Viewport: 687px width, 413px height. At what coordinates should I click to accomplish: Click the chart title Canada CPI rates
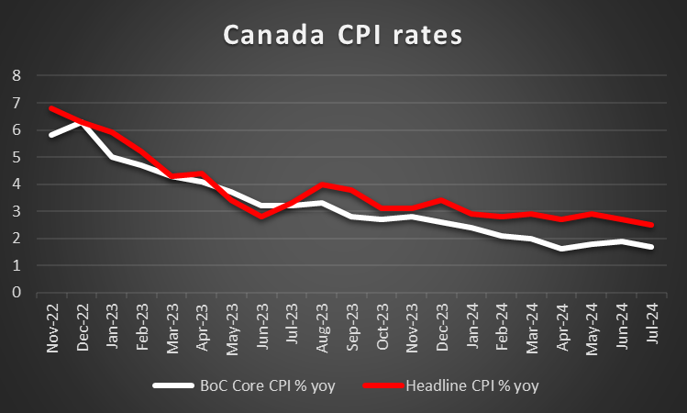(x=344, y=37)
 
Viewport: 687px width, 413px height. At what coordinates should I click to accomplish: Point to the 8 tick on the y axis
(x=15, y=76)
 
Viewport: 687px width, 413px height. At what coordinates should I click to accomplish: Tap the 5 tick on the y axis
(x=15, y=157)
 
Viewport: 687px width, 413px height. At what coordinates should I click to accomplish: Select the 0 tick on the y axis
(x=15, y=293)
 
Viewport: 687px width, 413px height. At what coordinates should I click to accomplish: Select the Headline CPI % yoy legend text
(x=471, y=385)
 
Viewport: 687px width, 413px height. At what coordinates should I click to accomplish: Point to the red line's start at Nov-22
(x=51, y=108)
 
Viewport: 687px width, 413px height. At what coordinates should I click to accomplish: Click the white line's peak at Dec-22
(x=82, y=123)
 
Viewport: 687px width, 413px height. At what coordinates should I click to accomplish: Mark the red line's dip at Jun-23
(x=262, y=217)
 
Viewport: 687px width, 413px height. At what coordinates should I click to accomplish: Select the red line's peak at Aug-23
(x=322, y=184)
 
